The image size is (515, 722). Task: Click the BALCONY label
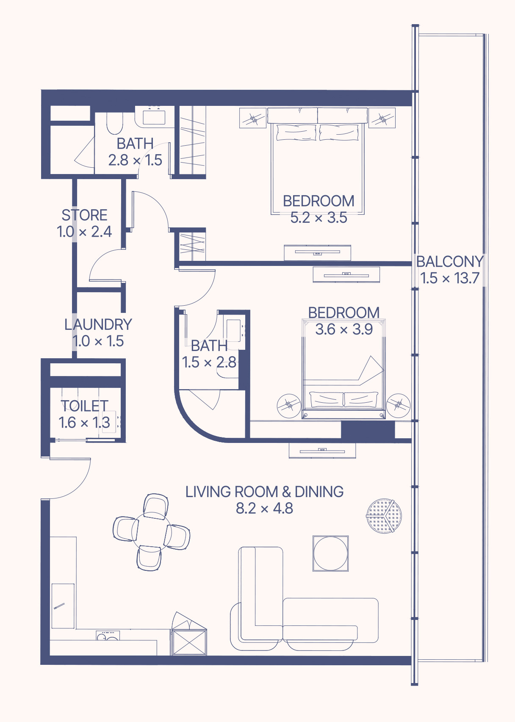[450, 261]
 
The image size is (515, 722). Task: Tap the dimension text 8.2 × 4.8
[264, 508]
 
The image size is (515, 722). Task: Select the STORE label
[84, 215]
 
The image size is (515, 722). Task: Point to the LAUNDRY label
[98, 324]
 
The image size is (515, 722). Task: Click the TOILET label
[85, 406]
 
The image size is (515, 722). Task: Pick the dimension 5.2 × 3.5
[319, 218]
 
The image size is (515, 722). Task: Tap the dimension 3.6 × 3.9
[344, 329]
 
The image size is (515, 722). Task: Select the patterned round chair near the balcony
[384, 516]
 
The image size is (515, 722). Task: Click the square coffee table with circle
[330, 554]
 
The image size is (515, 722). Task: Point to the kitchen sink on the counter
[108, 635]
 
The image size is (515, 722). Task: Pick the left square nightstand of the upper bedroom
[253, 118]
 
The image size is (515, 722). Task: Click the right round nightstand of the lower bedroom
[399, 406]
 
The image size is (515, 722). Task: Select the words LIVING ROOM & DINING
[265, 492]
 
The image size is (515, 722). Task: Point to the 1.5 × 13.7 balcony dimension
[450, 278]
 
